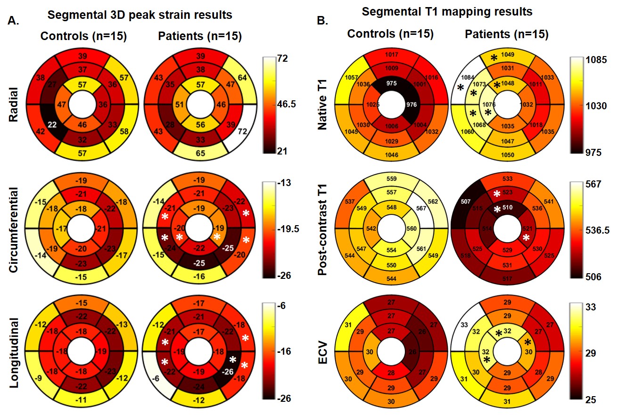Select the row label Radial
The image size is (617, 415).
15,101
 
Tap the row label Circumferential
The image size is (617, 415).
15,228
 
